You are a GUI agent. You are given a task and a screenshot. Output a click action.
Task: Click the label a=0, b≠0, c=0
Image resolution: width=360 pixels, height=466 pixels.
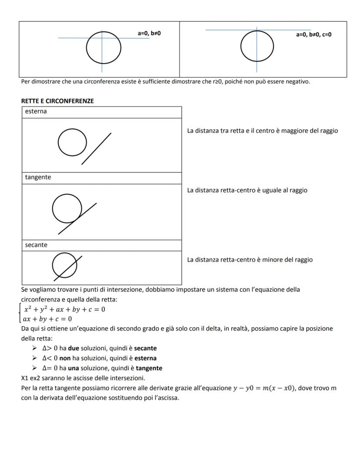(x=313, y=34)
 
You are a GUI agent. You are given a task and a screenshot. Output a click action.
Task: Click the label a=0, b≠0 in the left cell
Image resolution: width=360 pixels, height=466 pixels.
(x=149, y=33)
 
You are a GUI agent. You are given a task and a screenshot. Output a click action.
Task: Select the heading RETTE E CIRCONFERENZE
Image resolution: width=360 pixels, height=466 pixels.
(x=57, y=101)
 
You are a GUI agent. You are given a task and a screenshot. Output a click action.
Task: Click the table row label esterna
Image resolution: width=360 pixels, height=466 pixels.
(x=36, y=111)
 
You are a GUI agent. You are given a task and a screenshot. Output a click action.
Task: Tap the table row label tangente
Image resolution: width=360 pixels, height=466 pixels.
(x=38, y=178)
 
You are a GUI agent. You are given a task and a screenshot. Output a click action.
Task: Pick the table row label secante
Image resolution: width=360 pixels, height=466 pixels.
(x=36, y=245)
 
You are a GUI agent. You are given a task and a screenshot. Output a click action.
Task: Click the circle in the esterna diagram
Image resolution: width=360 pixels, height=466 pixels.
(x=72, y=142)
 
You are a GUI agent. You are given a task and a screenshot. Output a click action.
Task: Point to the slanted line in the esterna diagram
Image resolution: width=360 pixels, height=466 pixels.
(x=96, y=149)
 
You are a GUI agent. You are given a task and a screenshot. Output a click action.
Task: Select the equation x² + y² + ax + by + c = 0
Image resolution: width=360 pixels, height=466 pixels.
(x=64, y=310)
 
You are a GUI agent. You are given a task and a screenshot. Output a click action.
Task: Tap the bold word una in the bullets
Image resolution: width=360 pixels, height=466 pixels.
(x=73, y=368)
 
